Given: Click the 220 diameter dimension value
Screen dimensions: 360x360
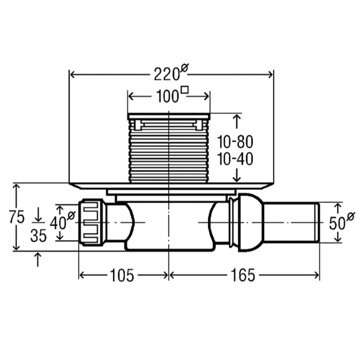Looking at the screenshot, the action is (x=167, y=74).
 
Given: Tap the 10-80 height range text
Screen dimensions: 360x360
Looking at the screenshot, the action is (x=235, y=142).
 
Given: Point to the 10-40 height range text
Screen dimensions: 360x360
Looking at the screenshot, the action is (x=235, y=159).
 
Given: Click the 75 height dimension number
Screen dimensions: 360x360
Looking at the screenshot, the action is (x=17, y=217).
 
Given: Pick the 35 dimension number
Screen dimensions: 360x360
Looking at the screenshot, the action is (x=39, y=236).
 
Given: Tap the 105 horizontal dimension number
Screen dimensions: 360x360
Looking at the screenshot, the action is (x=122, y=275).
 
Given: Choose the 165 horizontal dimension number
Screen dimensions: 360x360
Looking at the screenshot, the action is (x=243, y=275).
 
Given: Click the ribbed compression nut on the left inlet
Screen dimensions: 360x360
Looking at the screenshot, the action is (x=92, y=223).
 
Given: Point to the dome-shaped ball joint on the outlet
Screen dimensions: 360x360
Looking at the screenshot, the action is (x=251, y=223).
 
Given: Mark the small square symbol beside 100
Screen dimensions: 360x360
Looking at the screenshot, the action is (x=185, y=90).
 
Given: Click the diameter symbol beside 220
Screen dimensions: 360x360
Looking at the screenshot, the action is (x=184, y=68).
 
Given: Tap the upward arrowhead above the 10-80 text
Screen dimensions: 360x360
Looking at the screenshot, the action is (x=237, y=118).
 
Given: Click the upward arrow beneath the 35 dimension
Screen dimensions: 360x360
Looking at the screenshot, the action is (x=38, y=259).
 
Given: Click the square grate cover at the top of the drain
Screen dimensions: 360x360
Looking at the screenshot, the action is (x=169, y=116).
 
